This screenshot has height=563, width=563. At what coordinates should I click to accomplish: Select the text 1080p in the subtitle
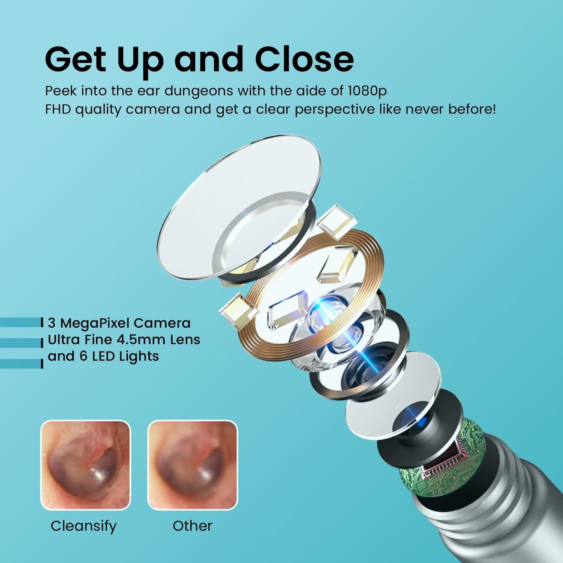point(367,92)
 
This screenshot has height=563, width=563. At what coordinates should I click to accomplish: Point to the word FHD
point(58,109)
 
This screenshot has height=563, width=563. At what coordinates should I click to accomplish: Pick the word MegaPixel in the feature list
point(95,323)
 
